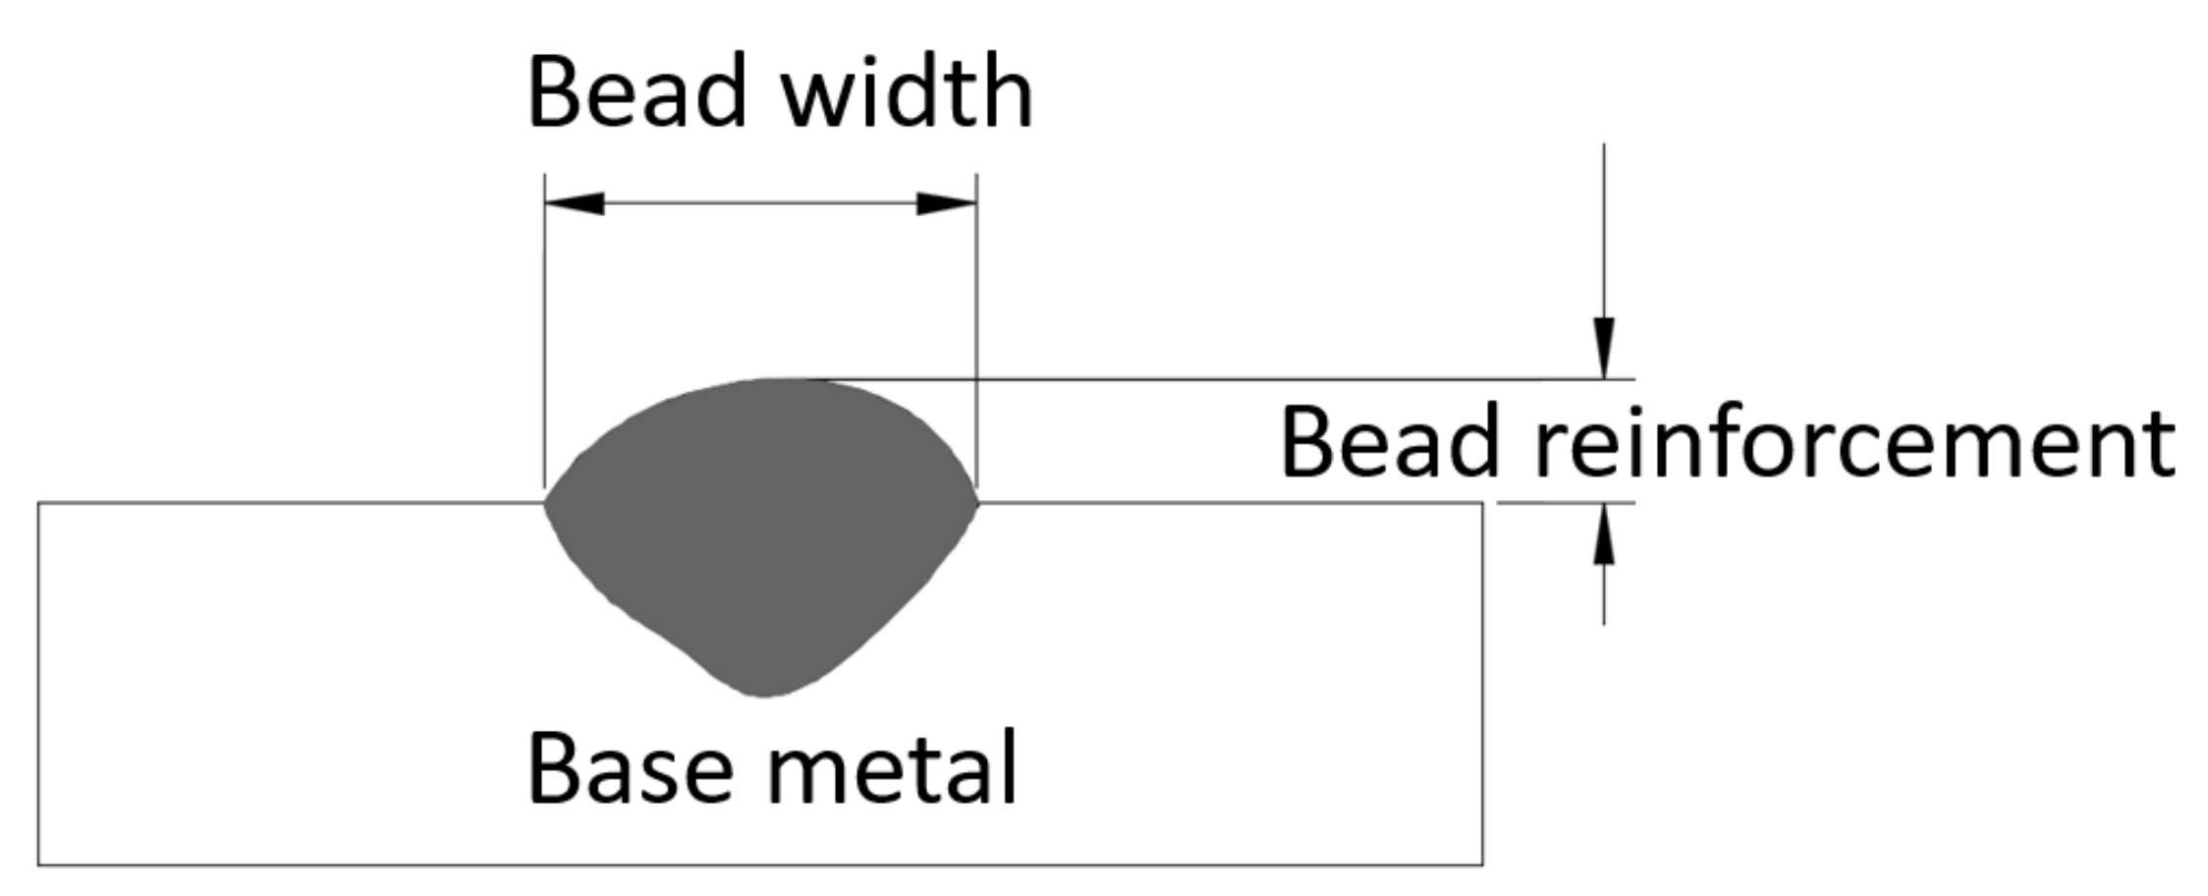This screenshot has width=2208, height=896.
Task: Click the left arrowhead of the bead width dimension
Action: [575, 203]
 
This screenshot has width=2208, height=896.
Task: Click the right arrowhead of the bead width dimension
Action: [946, 203]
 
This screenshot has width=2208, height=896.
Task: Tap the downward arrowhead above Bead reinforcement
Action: [1604, 348]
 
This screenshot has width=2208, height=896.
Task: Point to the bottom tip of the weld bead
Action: [765, 696]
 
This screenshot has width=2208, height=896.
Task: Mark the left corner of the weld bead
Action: [546, 502]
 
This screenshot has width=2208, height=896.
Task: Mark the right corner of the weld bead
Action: [977, 502]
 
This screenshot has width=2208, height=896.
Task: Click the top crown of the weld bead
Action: [776, 379]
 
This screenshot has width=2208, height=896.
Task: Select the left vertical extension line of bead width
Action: [545, 324]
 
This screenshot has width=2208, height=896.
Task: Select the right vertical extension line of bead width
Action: [976, 324]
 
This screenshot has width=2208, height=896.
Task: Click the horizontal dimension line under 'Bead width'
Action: [761, 203]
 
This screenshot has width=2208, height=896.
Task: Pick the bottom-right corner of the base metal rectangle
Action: [1482, 865]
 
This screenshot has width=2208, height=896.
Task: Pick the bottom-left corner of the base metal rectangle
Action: [39, 865]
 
